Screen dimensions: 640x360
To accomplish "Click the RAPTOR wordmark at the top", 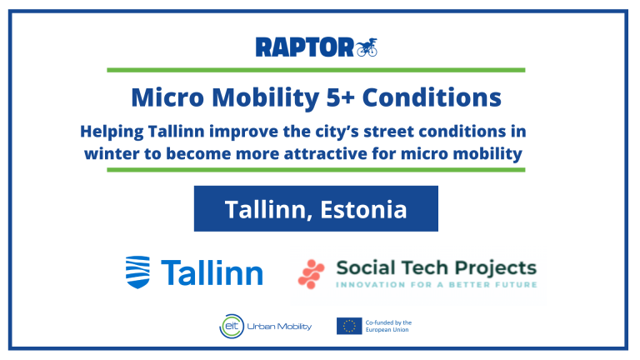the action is (304, 47).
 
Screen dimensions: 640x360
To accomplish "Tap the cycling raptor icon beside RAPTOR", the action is (367, 47).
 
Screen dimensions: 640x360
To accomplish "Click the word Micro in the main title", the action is (167, 97).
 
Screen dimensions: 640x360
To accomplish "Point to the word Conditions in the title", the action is (432, 97).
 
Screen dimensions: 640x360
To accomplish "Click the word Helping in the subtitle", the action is (112, 132).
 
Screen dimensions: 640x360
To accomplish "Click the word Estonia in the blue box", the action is (363, 209).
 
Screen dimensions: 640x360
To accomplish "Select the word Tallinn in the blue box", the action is (268, 210).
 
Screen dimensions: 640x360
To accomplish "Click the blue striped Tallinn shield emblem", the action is (137, 272).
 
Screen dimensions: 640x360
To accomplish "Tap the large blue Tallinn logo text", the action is (212, 272).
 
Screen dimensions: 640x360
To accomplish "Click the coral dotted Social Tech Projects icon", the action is (311, 274).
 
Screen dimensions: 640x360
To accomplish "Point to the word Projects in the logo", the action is (496, 268).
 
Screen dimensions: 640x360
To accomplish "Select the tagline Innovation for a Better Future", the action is (437, 284).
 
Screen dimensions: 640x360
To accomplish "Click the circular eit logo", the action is (232, 326).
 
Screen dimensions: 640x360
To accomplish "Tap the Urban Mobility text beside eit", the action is (279, 327).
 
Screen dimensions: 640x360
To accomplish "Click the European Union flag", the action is (349, 326).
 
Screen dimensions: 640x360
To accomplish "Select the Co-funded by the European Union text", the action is (388, 326).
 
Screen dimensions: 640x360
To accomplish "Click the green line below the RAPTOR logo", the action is (316, 70).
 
